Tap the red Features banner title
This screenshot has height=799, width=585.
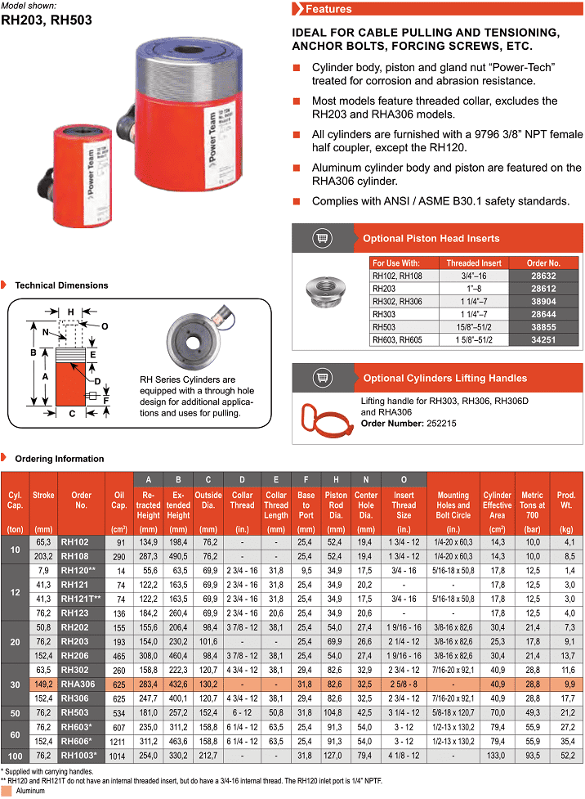(x=328, y=9)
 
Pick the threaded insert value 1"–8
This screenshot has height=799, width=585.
(x=474, y=289)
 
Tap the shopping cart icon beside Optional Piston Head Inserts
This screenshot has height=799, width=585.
(x=321, y=239)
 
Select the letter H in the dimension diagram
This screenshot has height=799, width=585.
(x=71, y=312)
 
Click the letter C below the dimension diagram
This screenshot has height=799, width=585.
(x=72, y=414)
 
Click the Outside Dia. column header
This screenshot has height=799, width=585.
(x=208, y=500)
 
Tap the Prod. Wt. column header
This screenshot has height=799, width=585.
(x=566, y=500)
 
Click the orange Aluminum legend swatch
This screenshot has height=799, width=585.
(x=7, y=792)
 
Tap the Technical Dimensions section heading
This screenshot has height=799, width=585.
(x=61, y=285)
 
